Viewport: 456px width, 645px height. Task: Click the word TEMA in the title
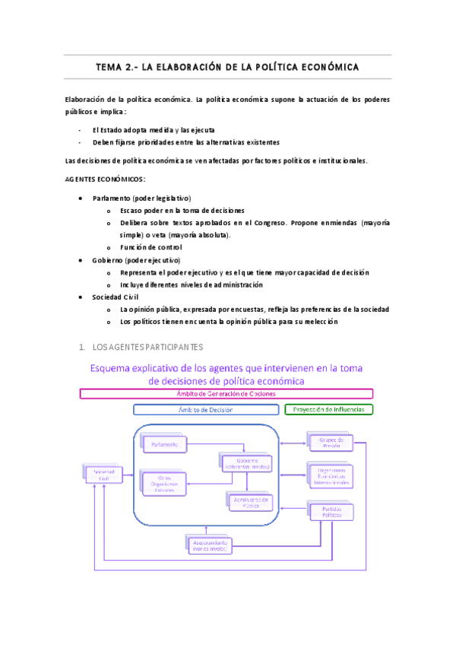pos(109,68)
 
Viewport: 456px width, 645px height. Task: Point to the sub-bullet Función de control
pos(150,247)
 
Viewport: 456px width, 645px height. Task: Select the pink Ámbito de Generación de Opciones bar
pos(226,393)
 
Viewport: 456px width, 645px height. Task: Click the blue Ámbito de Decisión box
pos(205,409)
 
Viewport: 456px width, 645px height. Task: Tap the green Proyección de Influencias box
pos(329,409)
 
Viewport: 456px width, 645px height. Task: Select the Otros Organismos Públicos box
pos(163,483)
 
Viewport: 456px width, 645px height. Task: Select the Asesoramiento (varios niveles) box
pos(208,543)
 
